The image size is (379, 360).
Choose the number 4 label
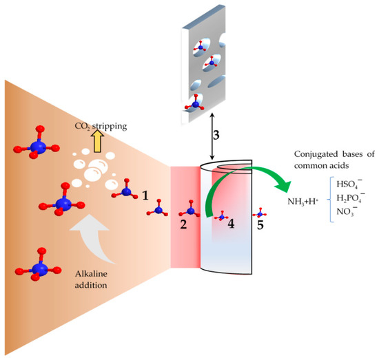pyautogui.click(x=232, y=224)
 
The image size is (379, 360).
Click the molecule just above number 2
pyautogui.click(x=188, y=205)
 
